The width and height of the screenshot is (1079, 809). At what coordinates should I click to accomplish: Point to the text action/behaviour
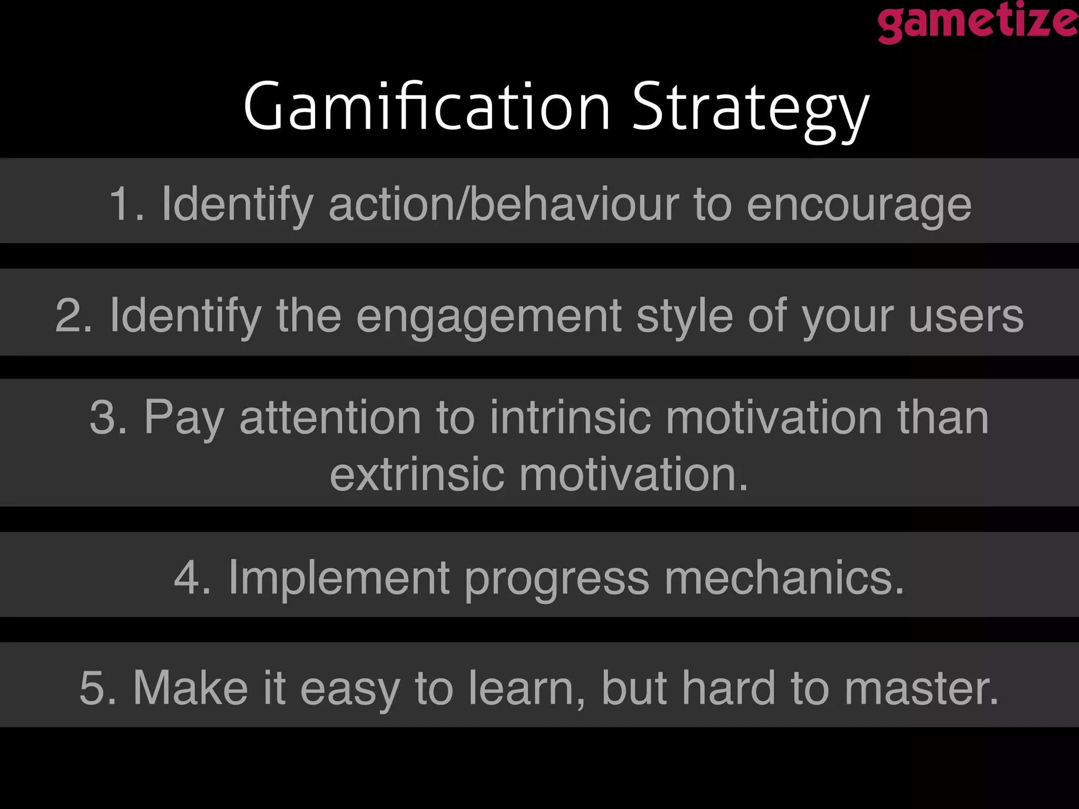tap(504, 204)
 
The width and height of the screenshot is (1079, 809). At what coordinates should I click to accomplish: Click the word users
tap(966, 317)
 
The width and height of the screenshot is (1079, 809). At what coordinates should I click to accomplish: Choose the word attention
tap(330, 417)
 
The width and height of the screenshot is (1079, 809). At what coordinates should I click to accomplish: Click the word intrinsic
tap(571, 417)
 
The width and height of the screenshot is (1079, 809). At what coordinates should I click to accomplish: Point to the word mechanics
tap(783, 578)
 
